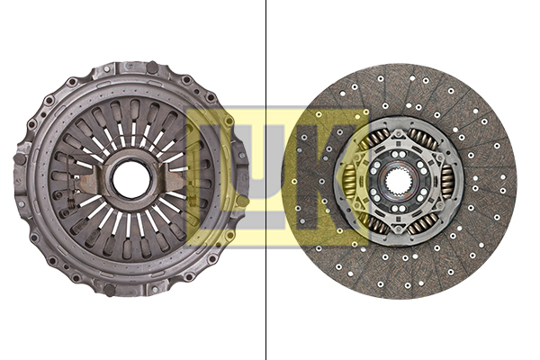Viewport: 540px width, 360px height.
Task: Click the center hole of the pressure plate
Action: [131, 179]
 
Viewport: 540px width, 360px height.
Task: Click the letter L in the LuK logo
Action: [216, 176]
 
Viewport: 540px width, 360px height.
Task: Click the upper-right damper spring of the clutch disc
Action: [424, 139]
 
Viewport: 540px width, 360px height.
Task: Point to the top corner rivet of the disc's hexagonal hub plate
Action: [399, 127]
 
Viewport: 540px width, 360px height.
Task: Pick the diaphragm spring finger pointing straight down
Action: [131, 238]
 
